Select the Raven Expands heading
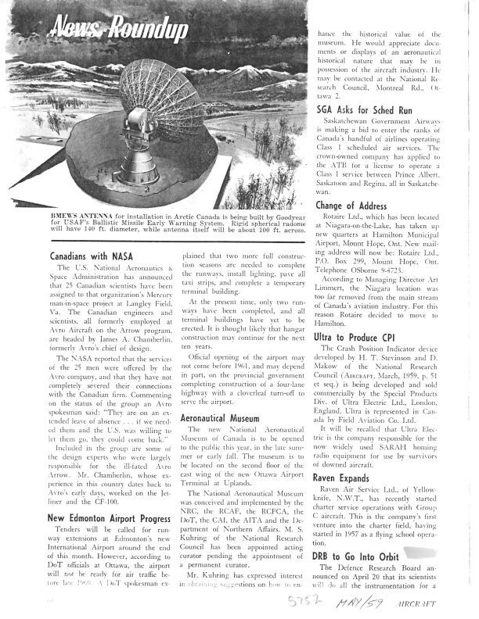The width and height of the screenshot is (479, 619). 344,475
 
